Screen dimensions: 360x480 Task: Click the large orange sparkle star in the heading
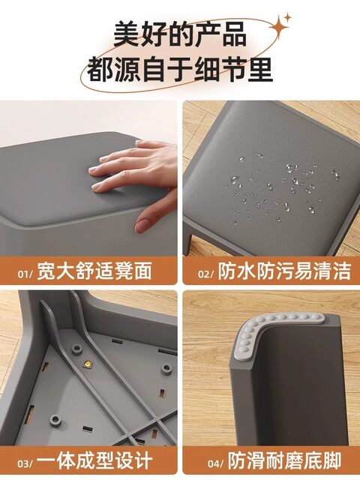279,27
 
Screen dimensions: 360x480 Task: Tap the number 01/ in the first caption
25,273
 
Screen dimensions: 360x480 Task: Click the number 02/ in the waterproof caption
205,273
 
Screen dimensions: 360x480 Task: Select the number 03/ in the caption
25,463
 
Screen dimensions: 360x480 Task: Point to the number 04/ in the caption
217,463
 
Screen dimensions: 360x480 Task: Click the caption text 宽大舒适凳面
94,271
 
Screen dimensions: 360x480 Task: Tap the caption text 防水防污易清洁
284,271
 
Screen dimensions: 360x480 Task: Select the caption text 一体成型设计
94,460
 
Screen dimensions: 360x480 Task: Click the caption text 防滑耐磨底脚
285,460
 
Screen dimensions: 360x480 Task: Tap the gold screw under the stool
87,364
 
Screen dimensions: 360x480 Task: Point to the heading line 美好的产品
180,34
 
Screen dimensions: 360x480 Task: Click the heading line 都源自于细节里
180,70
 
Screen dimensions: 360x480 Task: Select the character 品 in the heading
234,34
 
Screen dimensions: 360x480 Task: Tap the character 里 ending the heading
260,70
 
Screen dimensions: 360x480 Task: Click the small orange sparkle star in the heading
287,17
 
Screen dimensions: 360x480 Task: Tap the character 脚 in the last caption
331,460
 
